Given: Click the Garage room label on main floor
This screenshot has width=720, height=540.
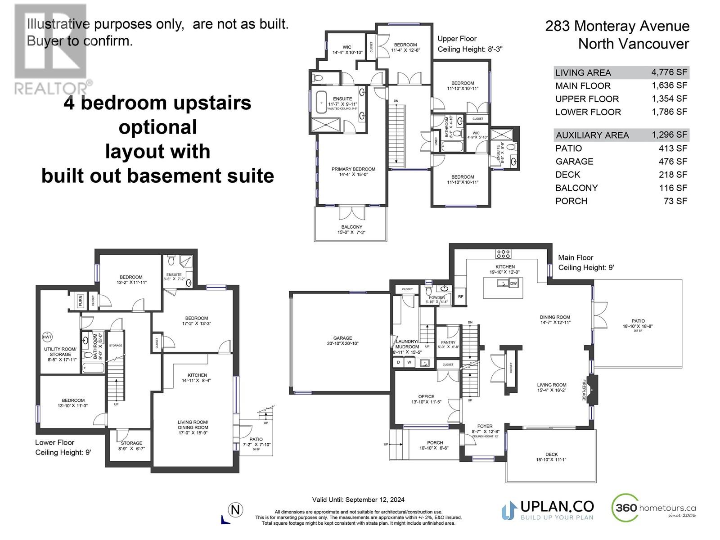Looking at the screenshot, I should tap(342, 338).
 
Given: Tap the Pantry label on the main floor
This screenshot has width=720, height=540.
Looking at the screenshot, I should tap(448, 342).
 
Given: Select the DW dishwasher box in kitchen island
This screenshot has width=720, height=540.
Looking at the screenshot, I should tap(514, 283).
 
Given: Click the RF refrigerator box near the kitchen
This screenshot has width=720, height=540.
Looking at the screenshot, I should tap(460, 297).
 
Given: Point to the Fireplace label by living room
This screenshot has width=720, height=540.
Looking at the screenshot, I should tap(584, 390).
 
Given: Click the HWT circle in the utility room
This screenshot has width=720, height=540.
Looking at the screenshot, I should tap(47, 337).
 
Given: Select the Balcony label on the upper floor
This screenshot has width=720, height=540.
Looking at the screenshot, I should tap(351, 227).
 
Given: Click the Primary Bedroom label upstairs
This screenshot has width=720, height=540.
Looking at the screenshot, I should tap(353, 169).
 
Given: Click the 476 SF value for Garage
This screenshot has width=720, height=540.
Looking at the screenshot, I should tap(673, 161).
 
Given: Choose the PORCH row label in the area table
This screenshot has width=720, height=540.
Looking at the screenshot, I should tap(571, 201).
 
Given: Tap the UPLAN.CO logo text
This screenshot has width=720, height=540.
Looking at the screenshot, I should tap(557, 507).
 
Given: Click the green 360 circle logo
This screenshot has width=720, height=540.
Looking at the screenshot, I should tap(625, 508).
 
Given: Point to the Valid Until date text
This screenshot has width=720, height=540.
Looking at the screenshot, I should tap(358, 499).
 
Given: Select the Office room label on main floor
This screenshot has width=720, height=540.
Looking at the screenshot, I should tap(426, 396).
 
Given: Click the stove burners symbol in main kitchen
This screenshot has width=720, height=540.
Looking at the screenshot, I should tap(503, 254).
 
